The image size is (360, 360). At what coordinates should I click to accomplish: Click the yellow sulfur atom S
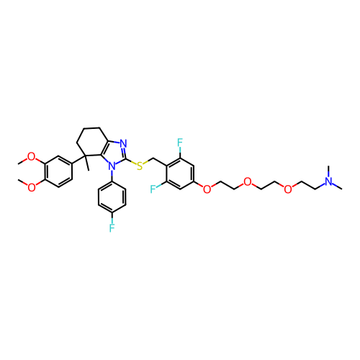pyautogui.click(x=140, y=166)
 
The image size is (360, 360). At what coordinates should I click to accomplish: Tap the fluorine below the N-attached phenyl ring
pyautogui.click(x=112, y=228)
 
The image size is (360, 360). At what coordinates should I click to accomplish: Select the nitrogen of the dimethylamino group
pyautogui.click(x=328, y=181)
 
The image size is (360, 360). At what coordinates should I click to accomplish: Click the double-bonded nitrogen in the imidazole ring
pyautogui.click(x=123, y=143)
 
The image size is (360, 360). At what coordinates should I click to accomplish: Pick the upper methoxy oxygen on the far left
pyautogui.click(x=31, y=157)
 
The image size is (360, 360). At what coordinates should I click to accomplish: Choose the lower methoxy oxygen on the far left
pyautogui.click(x=31, y=187)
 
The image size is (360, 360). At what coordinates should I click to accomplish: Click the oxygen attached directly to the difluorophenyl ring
pyautogui.click(x=207, y=189)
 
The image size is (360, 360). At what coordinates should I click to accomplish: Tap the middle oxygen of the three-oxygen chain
pyautogui.click(x=248, y=182)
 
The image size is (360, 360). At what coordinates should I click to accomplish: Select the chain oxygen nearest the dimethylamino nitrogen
pyautogui.click(x=288, y=189)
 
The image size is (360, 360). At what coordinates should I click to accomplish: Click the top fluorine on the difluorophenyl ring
pyautogui.click(x=180, y=143)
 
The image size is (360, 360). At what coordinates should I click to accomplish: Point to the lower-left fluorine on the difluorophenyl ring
pyautogui.click(x=153, y=189)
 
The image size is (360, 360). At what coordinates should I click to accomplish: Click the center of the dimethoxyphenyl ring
pyautogui.click(x=58, y=172)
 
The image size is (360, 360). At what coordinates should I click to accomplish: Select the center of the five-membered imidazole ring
pyautogui.click(x=115, y=153)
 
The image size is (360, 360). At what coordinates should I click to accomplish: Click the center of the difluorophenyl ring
pyautogui.click(x=180, y=174)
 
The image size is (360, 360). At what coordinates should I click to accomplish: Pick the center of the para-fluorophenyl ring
pyautogui.click(x=112, y=197)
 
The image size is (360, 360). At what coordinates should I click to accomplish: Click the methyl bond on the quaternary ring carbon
pyautogui.click(x=86, y=163)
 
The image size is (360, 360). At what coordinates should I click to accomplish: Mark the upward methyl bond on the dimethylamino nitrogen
pyautogui.click(x=328, y=171)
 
